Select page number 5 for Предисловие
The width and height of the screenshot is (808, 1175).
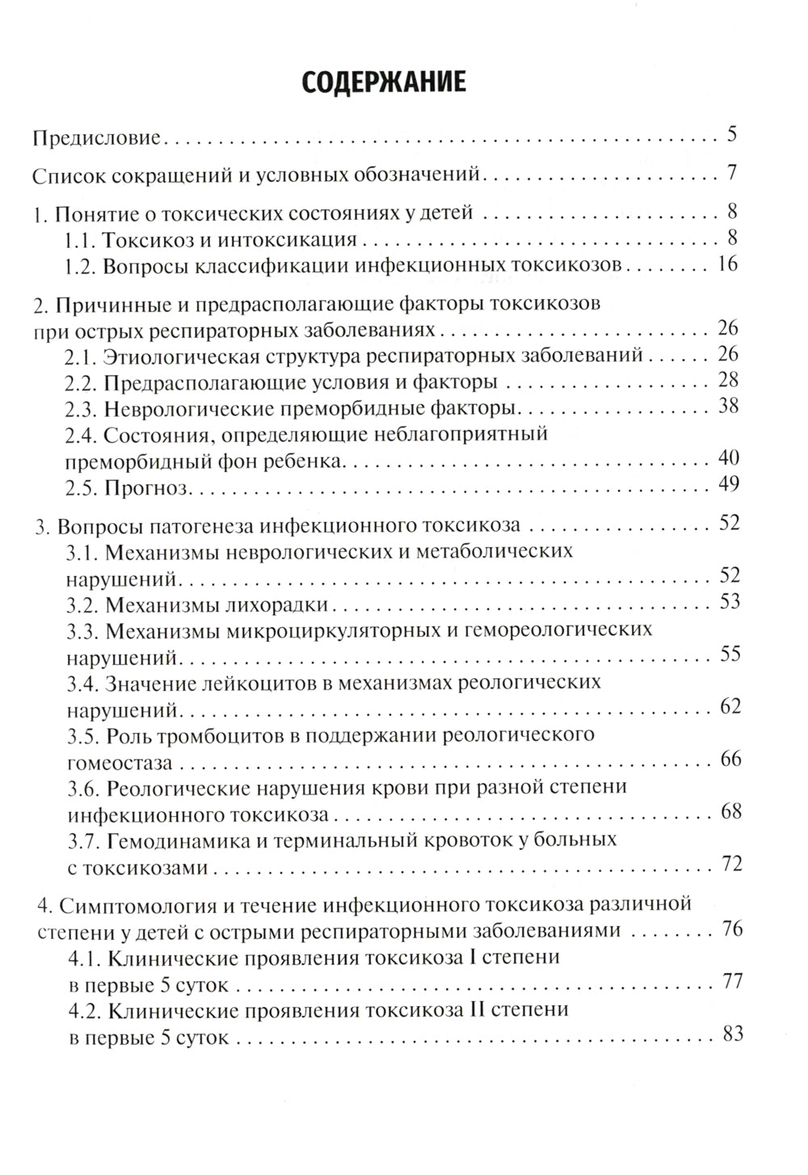point(731,134)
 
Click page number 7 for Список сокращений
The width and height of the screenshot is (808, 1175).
point(731,172)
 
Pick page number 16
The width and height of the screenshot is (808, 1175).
point(727,263)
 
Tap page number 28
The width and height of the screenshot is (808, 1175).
point(729,380)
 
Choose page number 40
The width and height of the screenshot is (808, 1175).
point(729,458)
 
